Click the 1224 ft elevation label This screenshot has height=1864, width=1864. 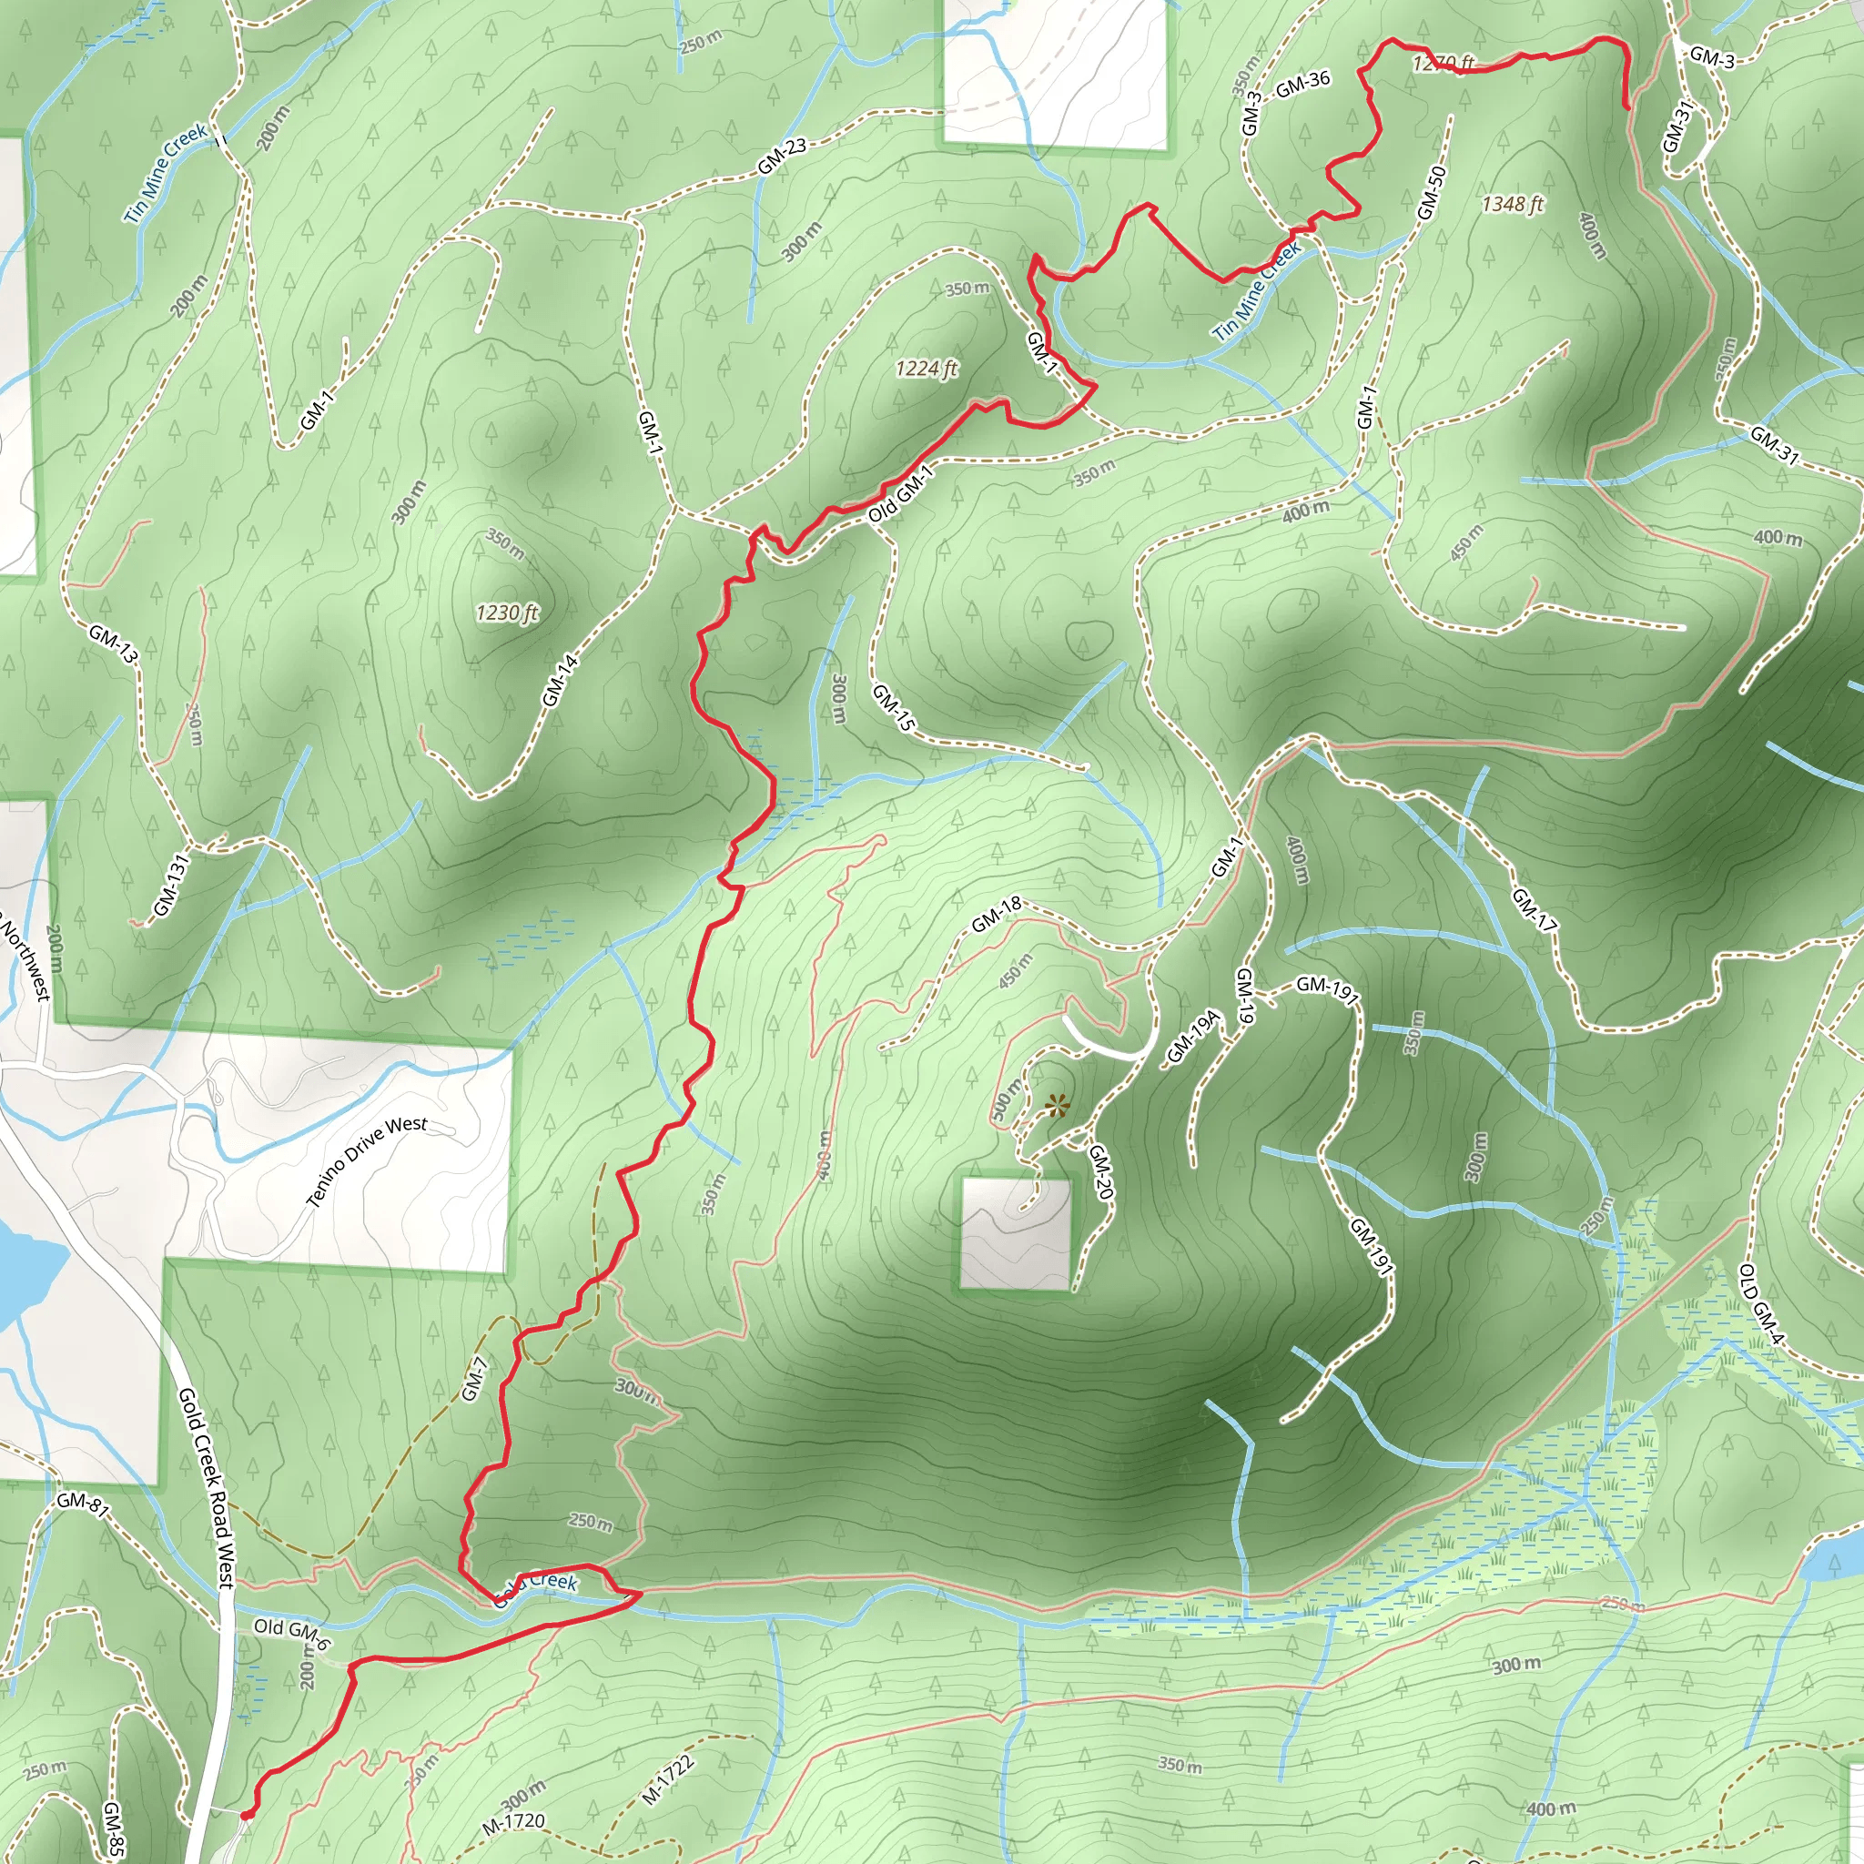[x=927, y=369]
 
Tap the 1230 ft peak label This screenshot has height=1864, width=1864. [x=508, y=613]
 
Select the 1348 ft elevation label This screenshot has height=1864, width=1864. [x=1513, y=204]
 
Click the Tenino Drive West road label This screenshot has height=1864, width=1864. [x=367, y=1161]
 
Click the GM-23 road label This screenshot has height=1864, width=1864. [x=782, y=157]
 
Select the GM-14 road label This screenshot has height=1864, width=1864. [x=560, y=680]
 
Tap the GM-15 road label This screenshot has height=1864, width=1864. [x=893, y=707]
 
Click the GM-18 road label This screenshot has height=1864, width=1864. [x=997, y=915]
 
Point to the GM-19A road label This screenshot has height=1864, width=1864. [x=1194, y=1038]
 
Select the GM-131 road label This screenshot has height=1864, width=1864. [x=170, y=886]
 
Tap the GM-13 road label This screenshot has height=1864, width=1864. [x=114, y=643]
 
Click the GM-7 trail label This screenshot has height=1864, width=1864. [x=473, y=1379]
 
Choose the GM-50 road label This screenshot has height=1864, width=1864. [x=1432, y=192]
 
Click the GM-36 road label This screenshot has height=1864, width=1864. [x=1302, y=85]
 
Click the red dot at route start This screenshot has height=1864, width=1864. [x=246, y=1815]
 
